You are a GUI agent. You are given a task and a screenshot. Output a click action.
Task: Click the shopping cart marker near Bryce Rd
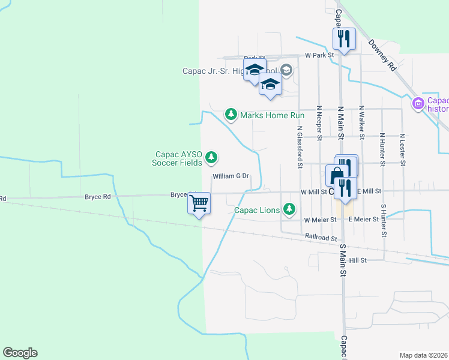[199, 203]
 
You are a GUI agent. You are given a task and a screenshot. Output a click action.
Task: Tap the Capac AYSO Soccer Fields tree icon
[211, 158]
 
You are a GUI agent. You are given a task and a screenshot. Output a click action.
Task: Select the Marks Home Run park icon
[231, 114]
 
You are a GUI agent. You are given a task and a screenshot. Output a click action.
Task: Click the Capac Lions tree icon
[290, 209]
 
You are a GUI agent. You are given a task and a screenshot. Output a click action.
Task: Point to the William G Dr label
[231, 176]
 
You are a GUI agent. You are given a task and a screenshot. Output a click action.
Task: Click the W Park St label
[319, 55]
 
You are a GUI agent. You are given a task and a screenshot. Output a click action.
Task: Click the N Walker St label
[362, 123]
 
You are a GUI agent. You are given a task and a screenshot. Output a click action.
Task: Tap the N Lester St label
[403, 149]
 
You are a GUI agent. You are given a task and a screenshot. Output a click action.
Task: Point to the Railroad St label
[321, 238]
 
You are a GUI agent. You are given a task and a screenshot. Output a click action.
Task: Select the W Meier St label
[319, 220]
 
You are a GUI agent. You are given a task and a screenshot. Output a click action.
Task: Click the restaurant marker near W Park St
[345, 40]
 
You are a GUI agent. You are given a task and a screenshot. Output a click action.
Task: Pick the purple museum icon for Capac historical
[418, 104]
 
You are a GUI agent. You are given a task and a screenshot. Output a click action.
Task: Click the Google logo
[20, 353]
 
